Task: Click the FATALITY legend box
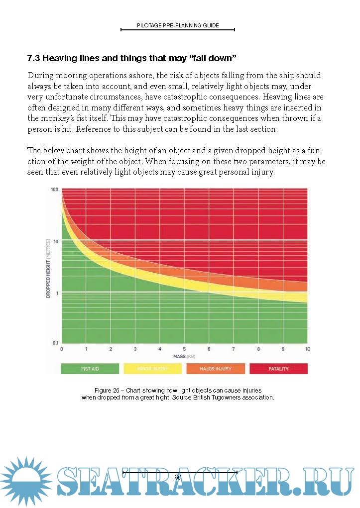pyautogui.click(x=278, y=369)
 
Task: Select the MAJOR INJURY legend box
pyautogui.click(x=216, y=369)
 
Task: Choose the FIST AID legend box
pyautogui.click(x=90, y=369)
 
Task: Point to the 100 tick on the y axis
pyautogui.click(x=54, y=190)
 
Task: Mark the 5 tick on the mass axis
pyautogui.click(x=184, y=349)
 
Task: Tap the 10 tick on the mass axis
pyautogui.click(x=307, y=349)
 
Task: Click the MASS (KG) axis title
pyautogui.click(x=184, y=357)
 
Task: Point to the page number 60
pyautogui.click(x=178, y=477)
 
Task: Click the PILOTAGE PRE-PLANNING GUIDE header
pyautogui.click(x=178, y=25)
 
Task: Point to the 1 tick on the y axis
pyautogui.click(x=57, y=292)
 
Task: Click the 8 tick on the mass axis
pyautogui.click(x=258, y=349)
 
